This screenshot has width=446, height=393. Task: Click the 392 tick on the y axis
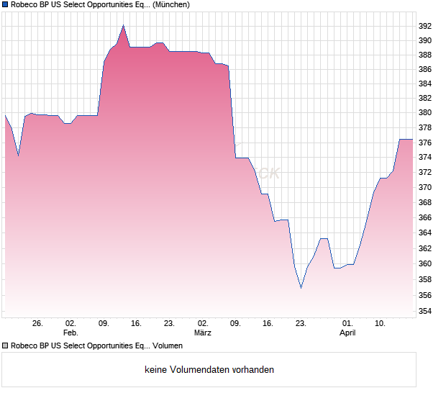click(x=425, y=26)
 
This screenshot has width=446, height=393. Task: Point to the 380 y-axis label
click(x=425, y=113)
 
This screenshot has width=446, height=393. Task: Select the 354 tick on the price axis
click(x=425, y=311)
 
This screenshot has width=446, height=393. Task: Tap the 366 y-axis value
click(x=425, y=217)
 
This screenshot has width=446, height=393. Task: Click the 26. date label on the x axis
click(x=38, y=323)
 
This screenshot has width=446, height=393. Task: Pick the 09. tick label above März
click(x=104, y=323)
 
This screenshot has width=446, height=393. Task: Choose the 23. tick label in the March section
click(x=301, y=323)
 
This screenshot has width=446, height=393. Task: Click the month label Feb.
click(x=70, y=333)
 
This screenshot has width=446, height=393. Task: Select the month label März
click(x=203, y=333)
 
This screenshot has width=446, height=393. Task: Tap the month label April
click(x=347, y=333)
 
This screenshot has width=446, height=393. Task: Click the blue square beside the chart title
click(x=5, y=4)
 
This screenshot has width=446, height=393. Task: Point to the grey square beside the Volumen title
click(x=5, y=345)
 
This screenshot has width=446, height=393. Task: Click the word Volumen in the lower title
click(x=168, y=345)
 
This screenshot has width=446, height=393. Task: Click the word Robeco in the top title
click(x=24, y=4)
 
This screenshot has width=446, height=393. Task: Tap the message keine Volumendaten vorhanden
click(x=209, y=370)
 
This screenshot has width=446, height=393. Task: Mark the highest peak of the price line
click(x=124, y=25)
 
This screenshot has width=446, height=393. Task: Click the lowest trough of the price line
click(x=301, y=288)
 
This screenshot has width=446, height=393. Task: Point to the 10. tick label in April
click(x=381, y=323)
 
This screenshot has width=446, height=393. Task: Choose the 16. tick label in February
click(x=137, y=323)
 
